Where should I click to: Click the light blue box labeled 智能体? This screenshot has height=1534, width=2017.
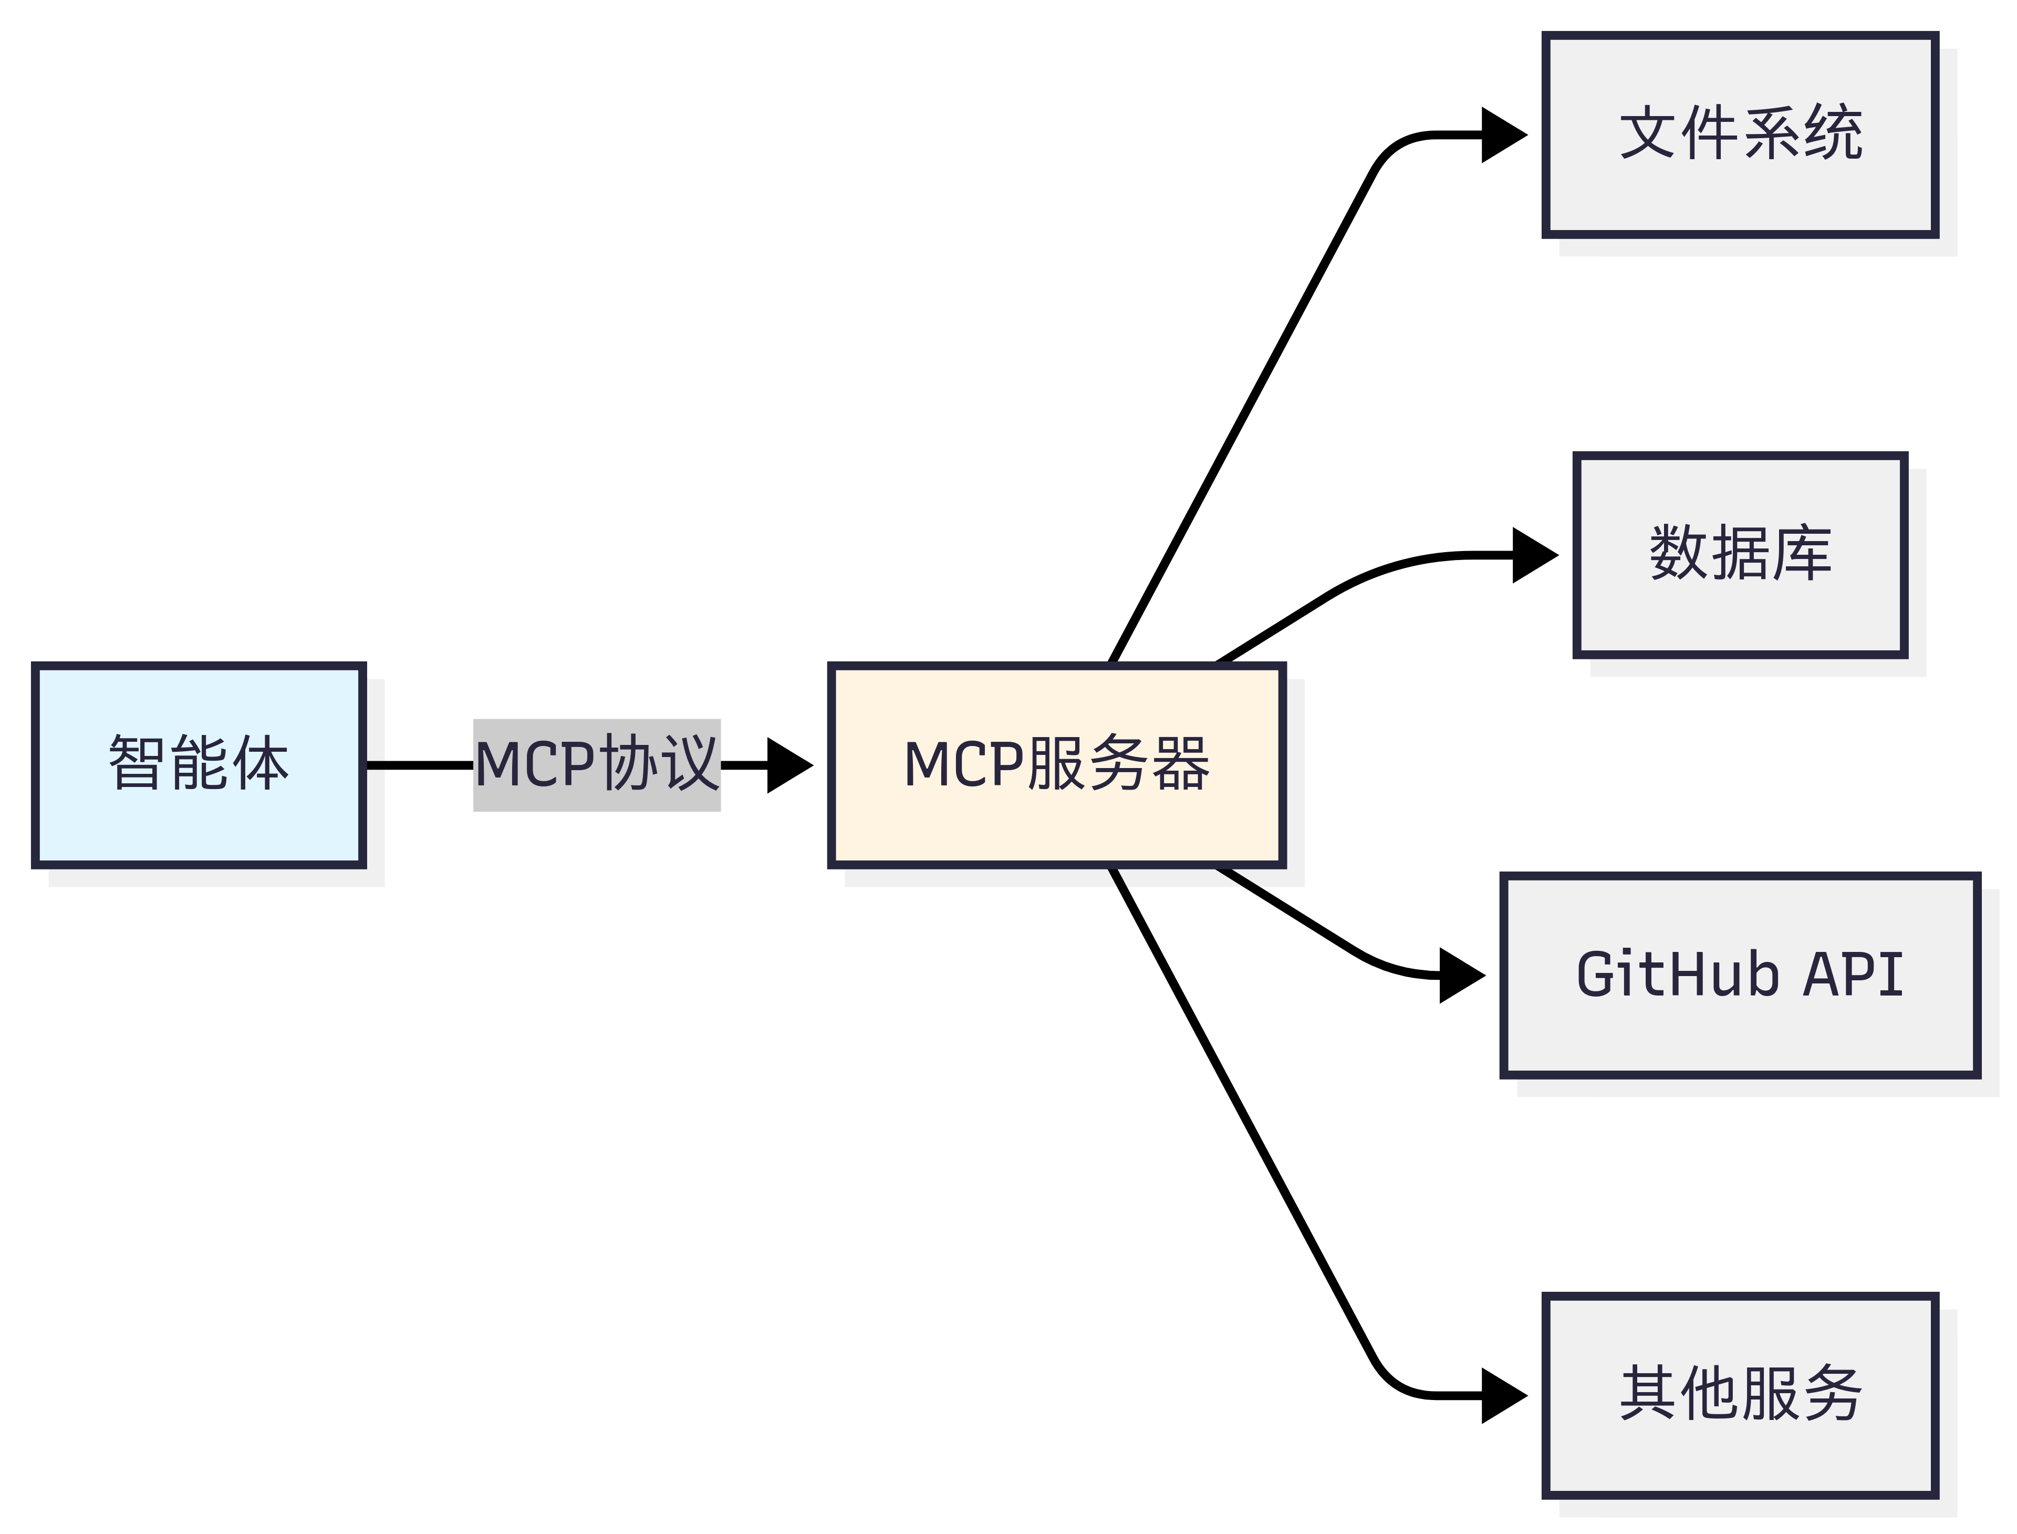[x=199, y=765]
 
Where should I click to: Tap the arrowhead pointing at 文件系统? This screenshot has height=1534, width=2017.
[x=1502, y=135]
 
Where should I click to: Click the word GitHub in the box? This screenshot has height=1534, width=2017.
[x=1678, y=975]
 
